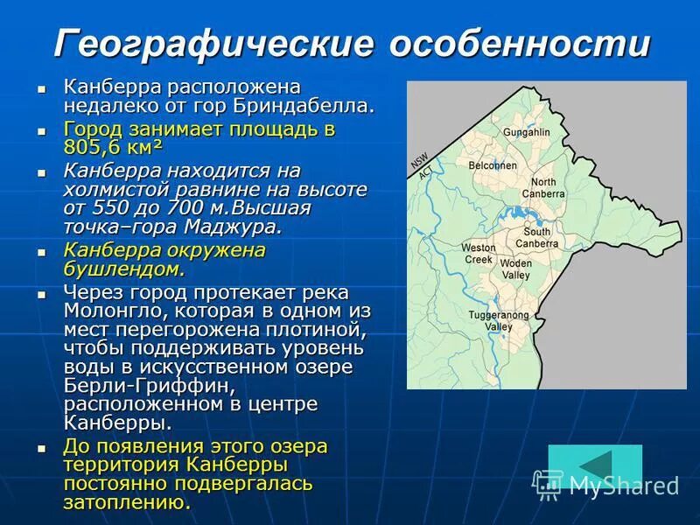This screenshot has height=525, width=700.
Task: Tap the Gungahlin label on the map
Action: (x=526, y=132)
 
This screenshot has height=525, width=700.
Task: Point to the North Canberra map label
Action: (x=543, y=187)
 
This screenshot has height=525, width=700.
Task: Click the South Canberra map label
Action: (x=537, y=237)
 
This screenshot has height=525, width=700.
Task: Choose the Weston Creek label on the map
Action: (x=479, y=254)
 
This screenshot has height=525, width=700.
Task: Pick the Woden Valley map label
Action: (x=515, y=269)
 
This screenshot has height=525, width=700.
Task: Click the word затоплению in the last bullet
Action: (x=126, y=503)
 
